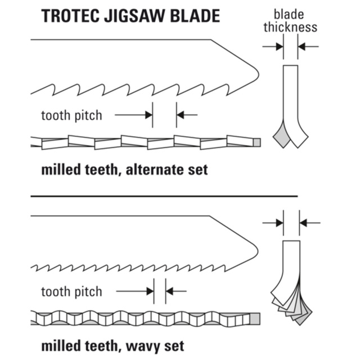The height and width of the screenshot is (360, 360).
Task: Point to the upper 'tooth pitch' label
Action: point(71,115)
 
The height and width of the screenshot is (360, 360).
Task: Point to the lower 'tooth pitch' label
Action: point(71,291)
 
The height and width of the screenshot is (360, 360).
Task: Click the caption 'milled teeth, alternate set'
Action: point(124,169)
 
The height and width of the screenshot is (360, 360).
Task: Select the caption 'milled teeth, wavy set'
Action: point(112,344)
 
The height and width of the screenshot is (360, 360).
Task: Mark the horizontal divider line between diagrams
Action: point(163,196)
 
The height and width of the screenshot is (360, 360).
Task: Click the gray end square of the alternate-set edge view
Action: point(257,141)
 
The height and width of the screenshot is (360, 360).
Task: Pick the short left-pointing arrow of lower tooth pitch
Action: point(176,291)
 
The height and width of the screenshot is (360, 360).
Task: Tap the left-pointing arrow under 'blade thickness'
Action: point(308,46)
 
